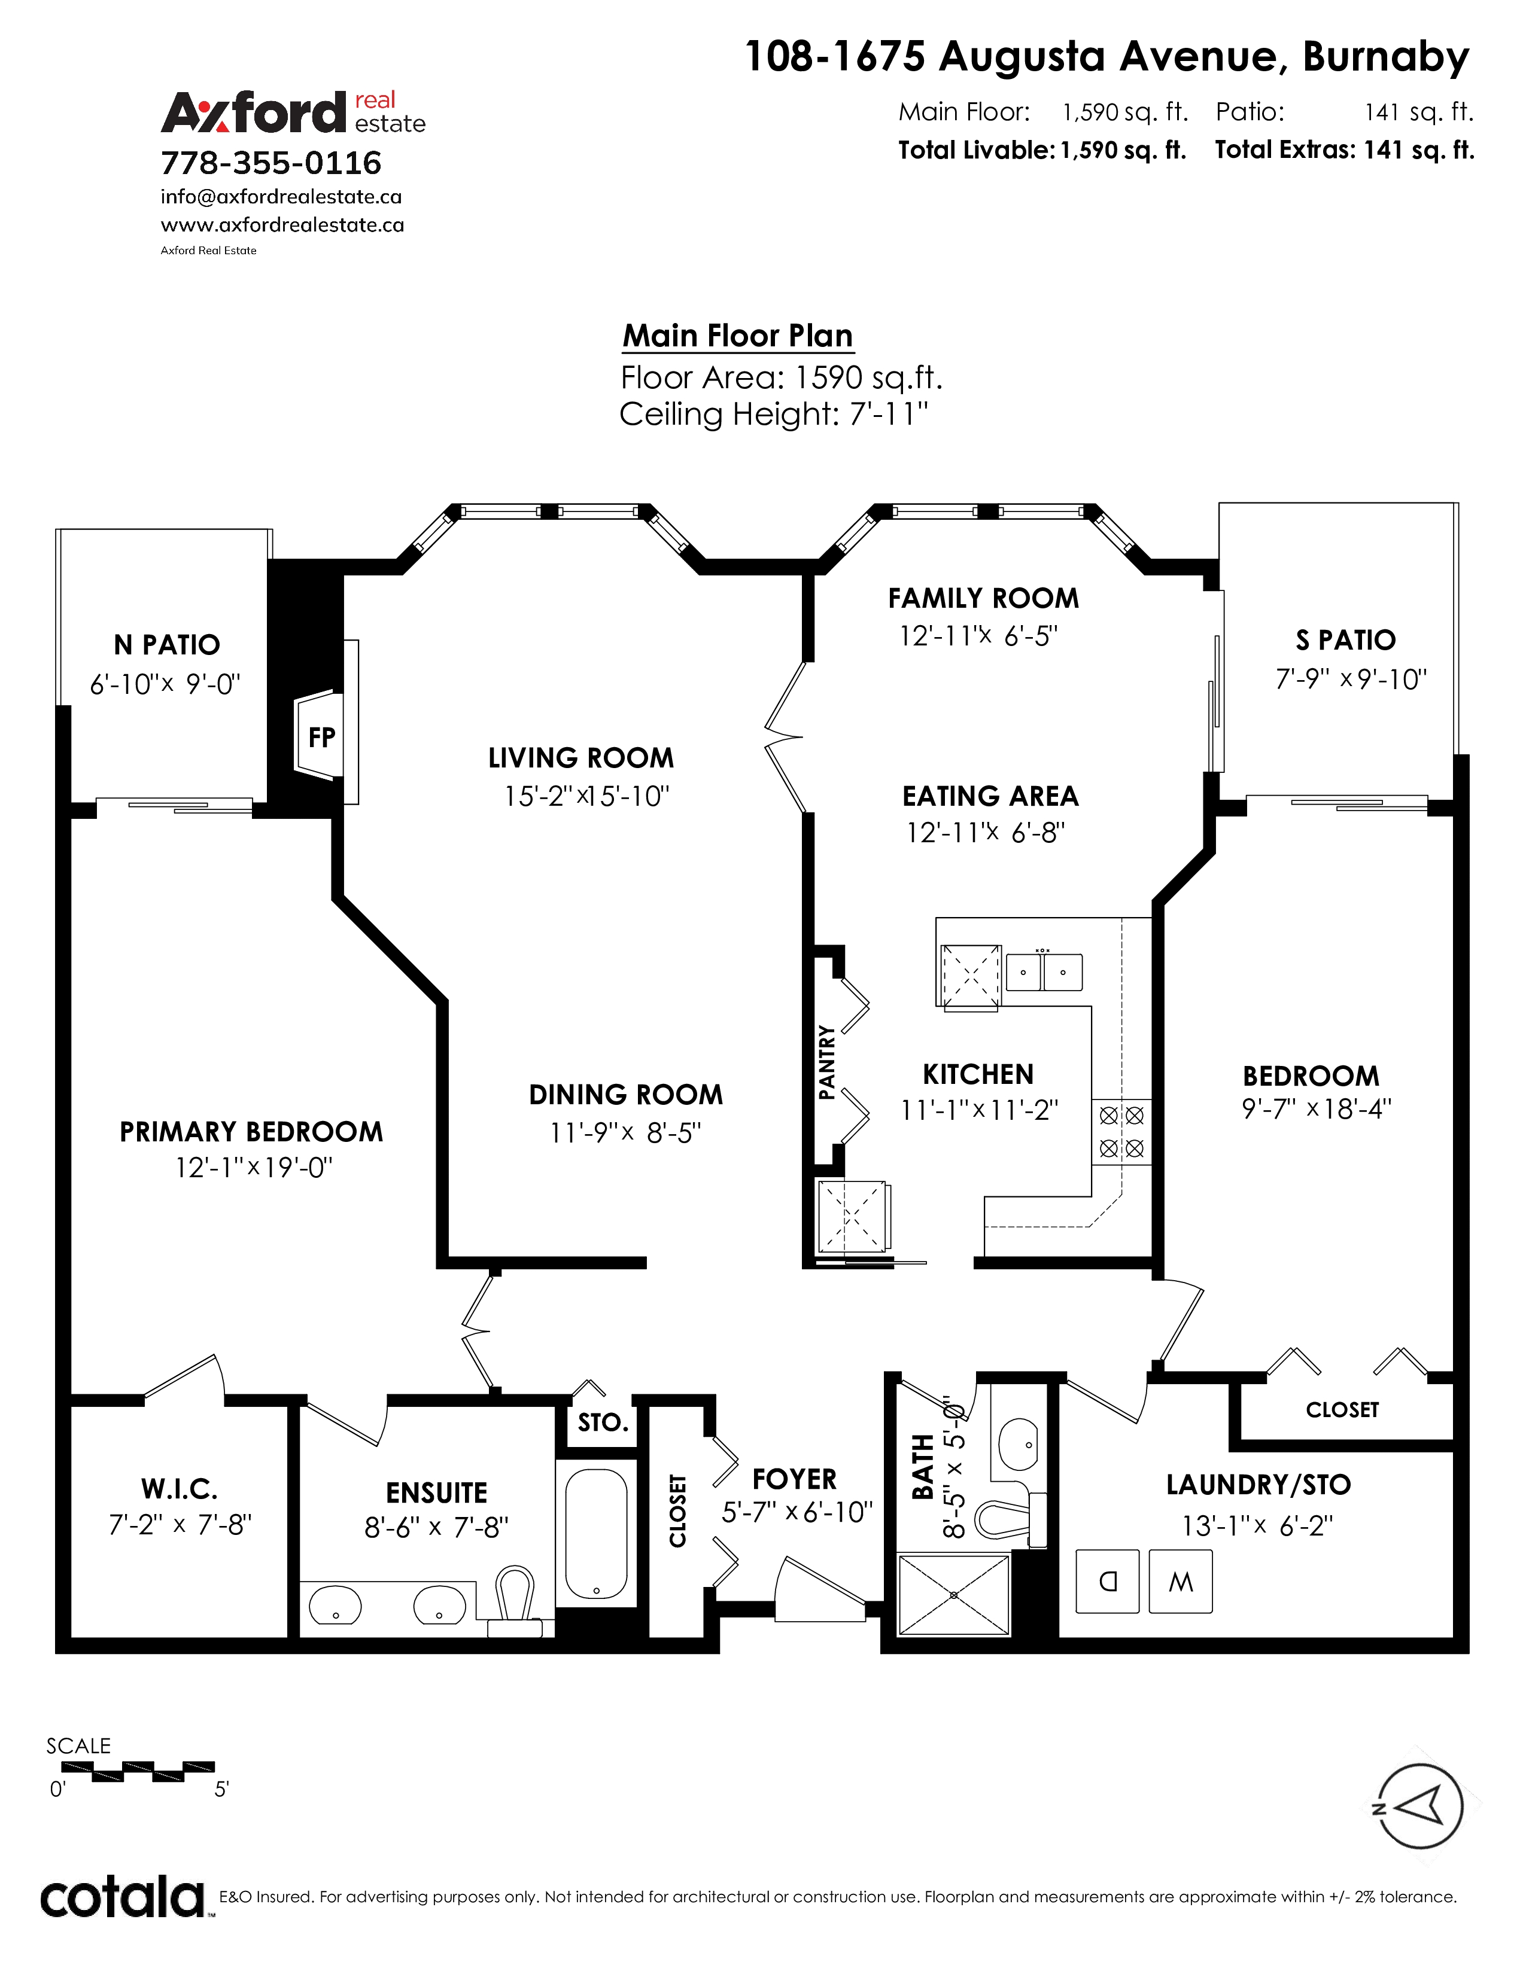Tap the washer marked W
1180,1581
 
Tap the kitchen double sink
1044,971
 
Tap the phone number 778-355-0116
271,163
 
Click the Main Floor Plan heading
738,336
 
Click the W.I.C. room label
179,1489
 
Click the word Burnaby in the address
1386,57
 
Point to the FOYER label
795,1479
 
